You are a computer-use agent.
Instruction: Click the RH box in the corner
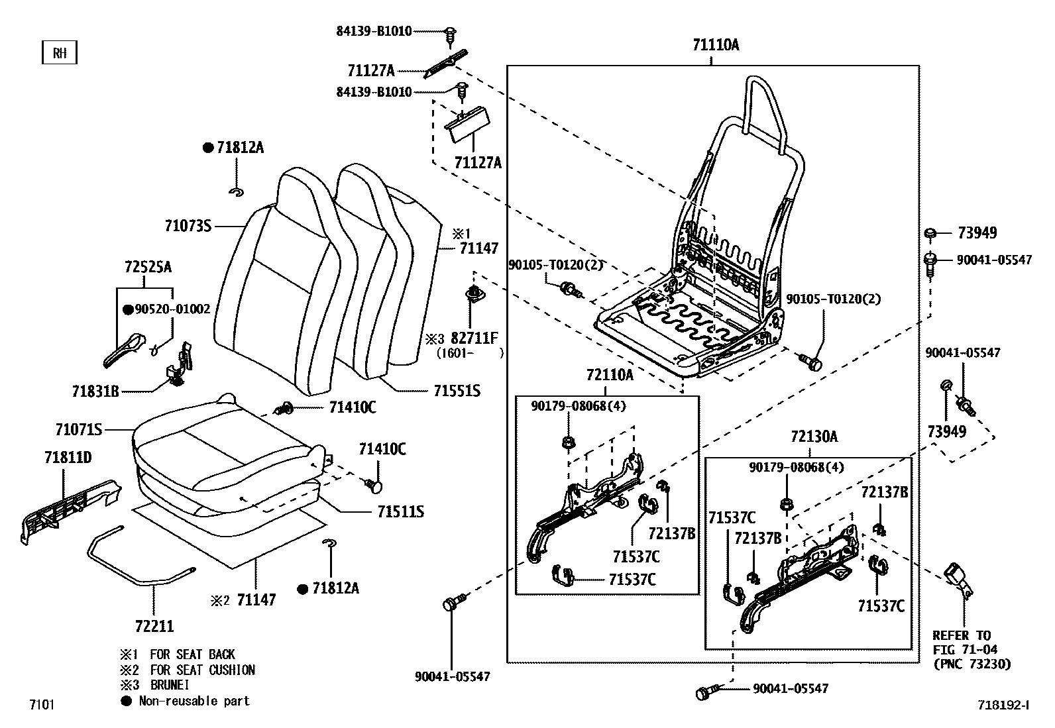click(60, 53)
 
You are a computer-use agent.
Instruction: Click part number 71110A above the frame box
click(715, 45)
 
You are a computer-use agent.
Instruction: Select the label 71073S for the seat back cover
click(188, 226)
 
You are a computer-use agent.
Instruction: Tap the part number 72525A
click(147, 267)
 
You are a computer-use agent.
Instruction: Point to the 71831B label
click(95, 391)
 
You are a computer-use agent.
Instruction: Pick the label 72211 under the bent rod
click(154, 625)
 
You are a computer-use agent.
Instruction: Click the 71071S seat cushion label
click(79, 430)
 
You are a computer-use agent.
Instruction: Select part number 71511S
click(401, 512)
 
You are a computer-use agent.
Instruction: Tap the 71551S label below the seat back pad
click(457, 391)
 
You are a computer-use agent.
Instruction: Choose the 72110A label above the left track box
click(609, 376)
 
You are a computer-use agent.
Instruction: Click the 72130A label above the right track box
click(814, 437)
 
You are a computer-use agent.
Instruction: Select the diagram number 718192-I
click(1003, 705)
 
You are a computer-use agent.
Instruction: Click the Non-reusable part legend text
click(194, 701)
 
